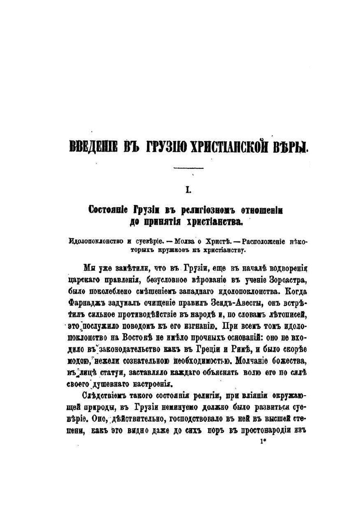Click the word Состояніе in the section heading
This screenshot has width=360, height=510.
coord(105,210)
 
